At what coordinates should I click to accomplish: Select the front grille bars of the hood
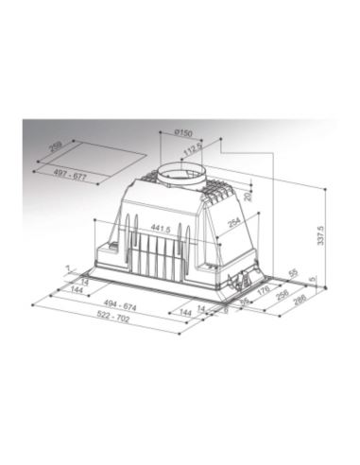point(151,257)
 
